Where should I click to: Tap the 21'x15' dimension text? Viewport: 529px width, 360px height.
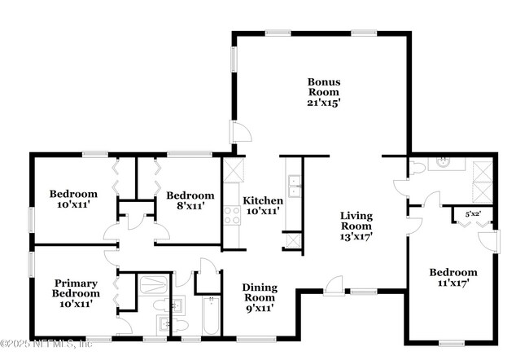[x=323, y=103]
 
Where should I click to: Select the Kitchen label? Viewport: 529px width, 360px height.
[x=264, y=200]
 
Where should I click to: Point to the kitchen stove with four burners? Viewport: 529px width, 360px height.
[x=233, y=215]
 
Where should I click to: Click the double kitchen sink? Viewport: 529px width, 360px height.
[x=293, y=187]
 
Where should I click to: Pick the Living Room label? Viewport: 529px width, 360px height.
[x=356, y=221]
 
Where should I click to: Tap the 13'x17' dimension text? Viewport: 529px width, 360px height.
[x=356, y=238]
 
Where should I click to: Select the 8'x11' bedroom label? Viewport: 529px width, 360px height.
[x=190, y=200]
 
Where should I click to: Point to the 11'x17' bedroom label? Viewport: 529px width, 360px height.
[x=453, y=278]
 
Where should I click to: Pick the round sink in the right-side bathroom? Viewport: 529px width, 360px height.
[x=444, y=162]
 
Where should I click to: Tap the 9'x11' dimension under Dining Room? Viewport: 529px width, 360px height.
[x=260, y=308]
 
